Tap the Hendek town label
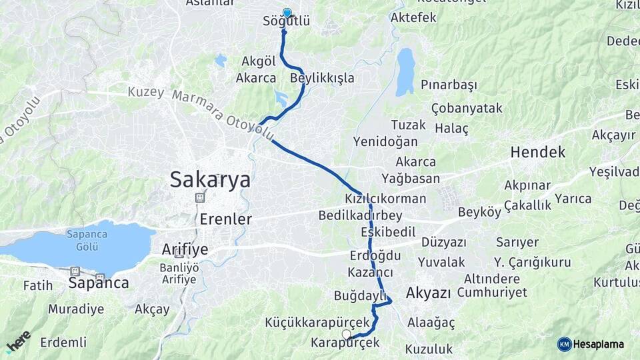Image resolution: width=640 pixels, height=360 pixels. pos(537,152)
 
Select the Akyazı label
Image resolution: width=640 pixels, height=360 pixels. pos(428,293)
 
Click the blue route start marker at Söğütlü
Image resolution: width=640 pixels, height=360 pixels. pos(287,13)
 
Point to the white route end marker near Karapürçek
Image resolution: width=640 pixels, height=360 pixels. pos(346,333)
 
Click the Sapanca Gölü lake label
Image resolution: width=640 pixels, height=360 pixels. pos(83,240)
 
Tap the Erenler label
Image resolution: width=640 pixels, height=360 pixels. pos(225,219)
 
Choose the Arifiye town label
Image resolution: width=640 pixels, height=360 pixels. pos(185,249)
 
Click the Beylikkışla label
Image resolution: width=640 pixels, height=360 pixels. pos(322,78)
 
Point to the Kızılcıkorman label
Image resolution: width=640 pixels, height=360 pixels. pos(385,199)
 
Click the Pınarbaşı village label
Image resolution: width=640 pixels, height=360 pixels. pos(449,85)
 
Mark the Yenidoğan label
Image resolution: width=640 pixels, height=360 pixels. pos(385,141)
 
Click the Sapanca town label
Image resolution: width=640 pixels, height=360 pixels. pos(99,283)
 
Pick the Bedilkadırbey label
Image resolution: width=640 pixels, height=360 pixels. pos(360,215)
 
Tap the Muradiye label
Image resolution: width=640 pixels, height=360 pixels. pos(76,309)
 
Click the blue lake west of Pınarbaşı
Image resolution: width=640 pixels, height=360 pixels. pos(405,71)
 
